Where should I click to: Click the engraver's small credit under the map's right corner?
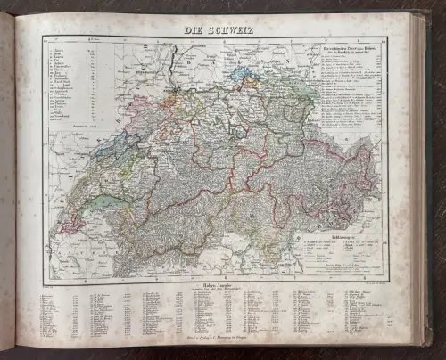click(x=375, y=282)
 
